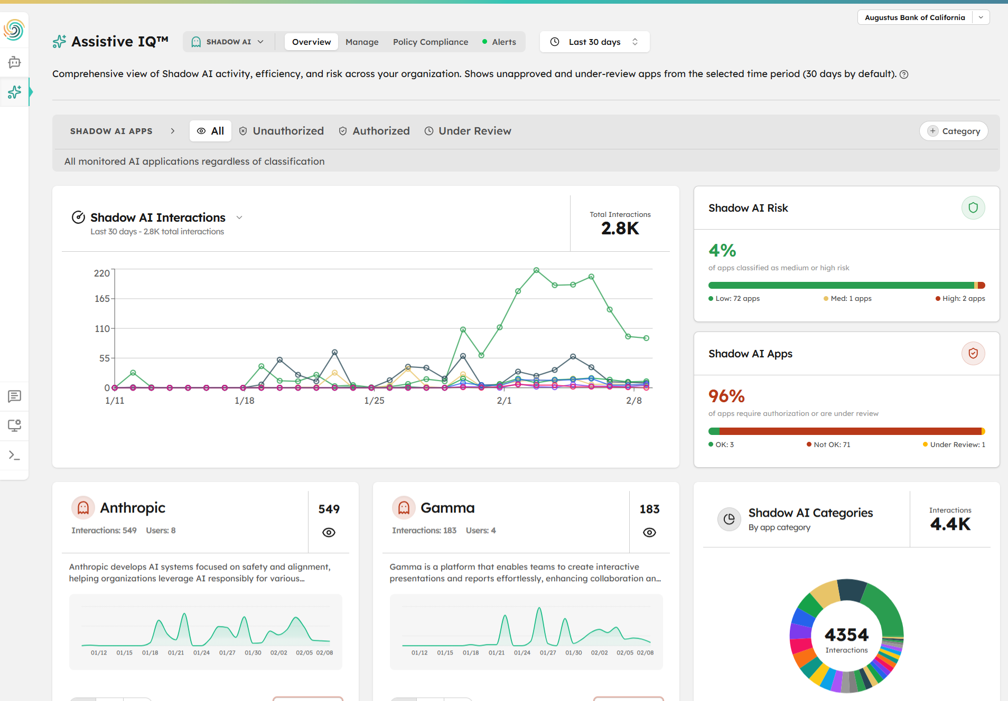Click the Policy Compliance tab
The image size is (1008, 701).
point(430,42)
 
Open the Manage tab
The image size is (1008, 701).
point(362,42)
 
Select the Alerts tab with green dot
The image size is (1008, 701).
point(499,42)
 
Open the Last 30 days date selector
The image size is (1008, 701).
point(594,42)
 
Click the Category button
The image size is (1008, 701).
point(954,131)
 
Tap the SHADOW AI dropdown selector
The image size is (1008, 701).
point(228,42)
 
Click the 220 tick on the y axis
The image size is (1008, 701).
point(102,273)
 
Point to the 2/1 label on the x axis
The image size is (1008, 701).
point(504,401)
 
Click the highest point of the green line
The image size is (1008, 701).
point(536,270)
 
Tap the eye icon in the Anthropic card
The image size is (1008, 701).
point(329,532)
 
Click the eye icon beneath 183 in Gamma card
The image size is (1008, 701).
point(649,532)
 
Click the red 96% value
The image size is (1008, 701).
point(726,396)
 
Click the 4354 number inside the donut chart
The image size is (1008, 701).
point(846,634)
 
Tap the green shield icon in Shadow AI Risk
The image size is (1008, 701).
point(973,208)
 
